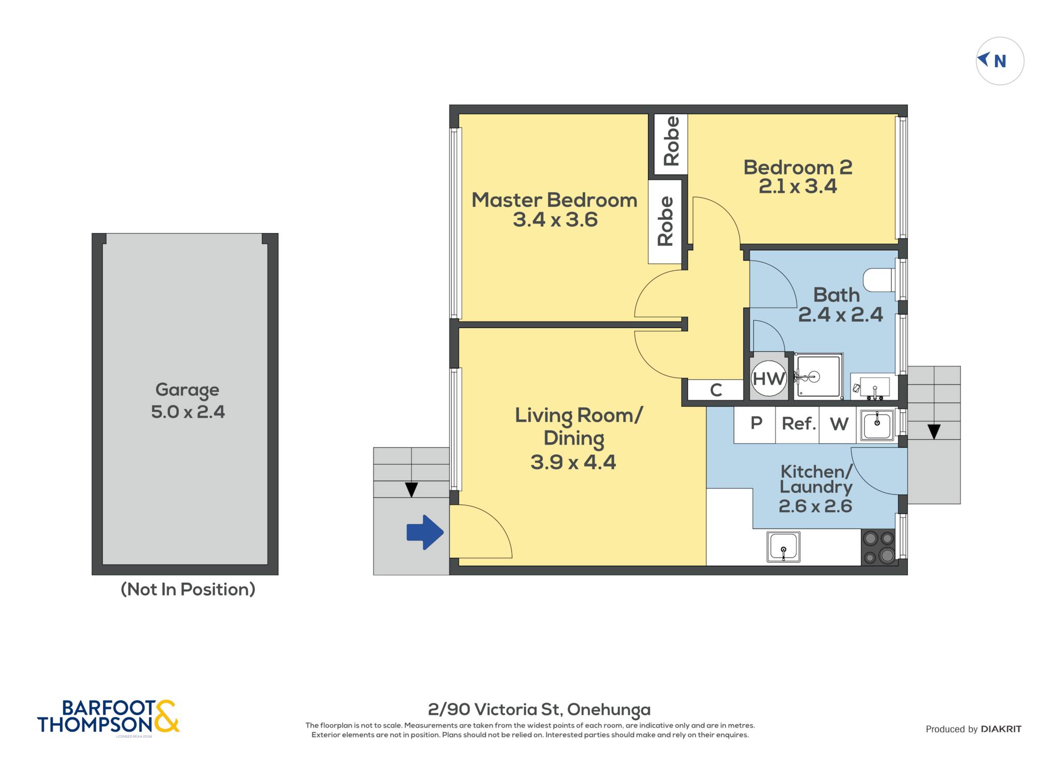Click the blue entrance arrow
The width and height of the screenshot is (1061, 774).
(x=425, y=532)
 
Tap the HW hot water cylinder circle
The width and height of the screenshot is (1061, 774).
(x=769, y=379)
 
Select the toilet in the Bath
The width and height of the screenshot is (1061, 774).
(x=879, y=280)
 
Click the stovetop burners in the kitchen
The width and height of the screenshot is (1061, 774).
(x=879, y=547)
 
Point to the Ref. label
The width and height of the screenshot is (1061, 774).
(x=798, y=424)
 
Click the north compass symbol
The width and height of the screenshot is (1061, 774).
(x=1000, y=61)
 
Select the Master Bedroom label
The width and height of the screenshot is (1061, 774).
(x=554, y=200)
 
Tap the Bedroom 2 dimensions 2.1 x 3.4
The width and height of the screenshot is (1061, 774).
(x=798, y=187)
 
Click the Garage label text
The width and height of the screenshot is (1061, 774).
(x=187, y=390)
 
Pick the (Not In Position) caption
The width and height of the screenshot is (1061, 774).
(x=188, y=590)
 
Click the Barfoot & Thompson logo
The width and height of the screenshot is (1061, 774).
(x=108, y=717)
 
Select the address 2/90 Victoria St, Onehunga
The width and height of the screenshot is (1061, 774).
(x=539, y=710)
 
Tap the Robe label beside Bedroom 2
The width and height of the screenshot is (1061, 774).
(x=671, y=141)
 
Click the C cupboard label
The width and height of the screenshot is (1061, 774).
(x=716, y=390)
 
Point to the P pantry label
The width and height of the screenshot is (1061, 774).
(x=756, y=423)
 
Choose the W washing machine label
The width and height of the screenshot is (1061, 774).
(x=839, y=424)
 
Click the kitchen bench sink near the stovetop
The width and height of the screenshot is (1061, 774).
(x=783, y=547)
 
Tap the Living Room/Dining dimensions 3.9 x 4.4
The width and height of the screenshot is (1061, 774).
(x=573, y=462)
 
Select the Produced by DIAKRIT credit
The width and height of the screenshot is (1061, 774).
(x=973, y=729)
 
